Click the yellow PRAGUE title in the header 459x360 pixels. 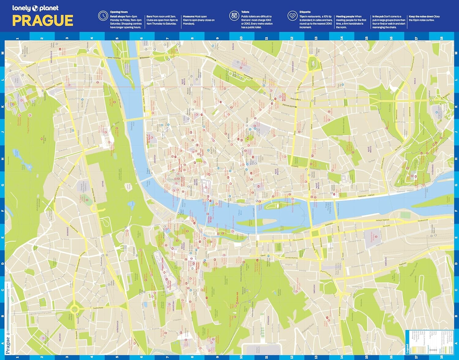coord(43,21)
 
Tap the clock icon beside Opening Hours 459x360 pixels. coord(103,16)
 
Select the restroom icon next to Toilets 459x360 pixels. coord(234,16)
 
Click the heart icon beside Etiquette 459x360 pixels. coord(292,16)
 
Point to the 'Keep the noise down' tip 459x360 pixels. coord(424,18)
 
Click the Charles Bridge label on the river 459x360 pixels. coord(210,219)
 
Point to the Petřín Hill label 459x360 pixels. coord(237,297)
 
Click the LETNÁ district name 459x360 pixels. coord(103,184)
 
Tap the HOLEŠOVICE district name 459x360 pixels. coord(51,57)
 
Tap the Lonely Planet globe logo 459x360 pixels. coord(35,8)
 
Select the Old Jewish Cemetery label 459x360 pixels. coord(183,182)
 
